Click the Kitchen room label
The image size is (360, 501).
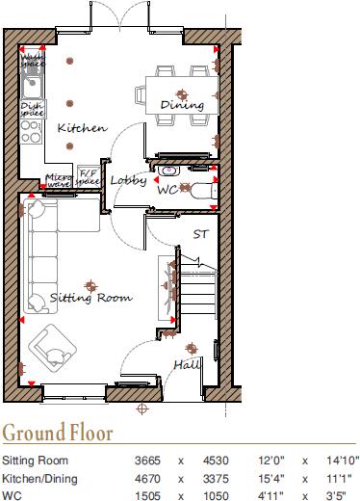(x=82, y=128)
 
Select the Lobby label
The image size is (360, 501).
(x=127, y=180)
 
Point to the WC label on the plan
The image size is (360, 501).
(x=168, y=191)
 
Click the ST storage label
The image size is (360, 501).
(x=200, y=234)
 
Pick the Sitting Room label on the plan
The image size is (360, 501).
(x=90, y=298)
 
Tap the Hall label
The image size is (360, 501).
(x=187, y=364)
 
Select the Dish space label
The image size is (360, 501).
(x=32, y=110)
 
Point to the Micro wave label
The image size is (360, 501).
(x=60, y=179)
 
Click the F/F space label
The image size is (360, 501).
(x=89, y=179)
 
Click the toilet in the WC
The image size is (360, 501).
(x=202, y=189)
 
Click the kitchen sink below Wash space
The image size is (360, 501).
(x=32, y=86)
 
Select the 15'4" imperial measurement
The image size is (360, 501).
(x=272, y=479)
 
